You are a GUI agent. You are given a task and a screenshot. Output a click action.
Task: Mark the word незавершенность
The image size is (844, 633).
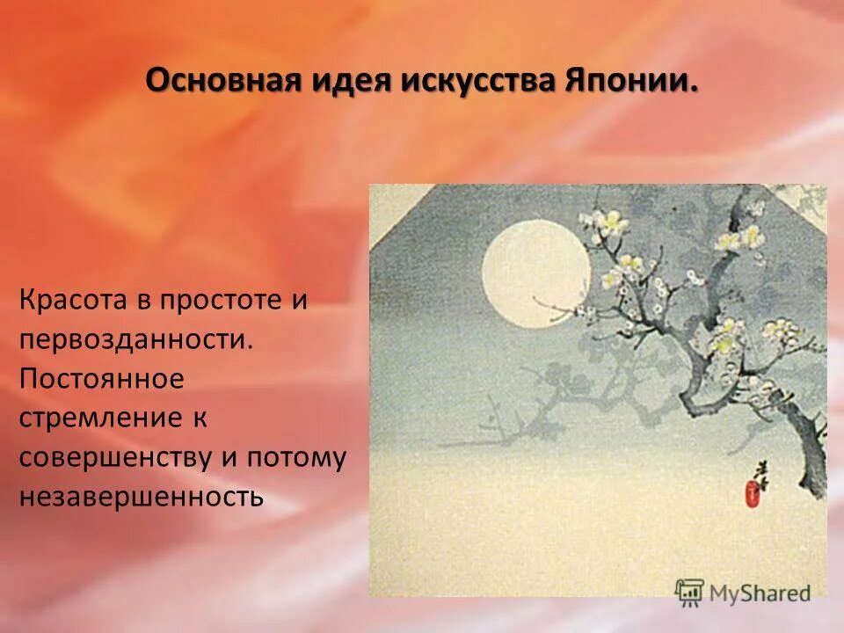click(x=141, y=497)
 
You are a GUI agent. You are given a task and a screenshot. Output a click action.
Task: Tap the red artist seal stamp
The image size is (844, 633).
click(x=753, y=494)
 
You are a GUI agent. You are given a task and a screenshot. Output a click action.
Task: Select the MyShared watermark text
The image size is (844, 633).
click(x=760, y=593)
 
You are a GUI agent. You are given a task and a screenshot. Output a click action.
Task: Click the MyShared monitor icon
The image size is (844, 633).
click(x=690, y=591)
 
